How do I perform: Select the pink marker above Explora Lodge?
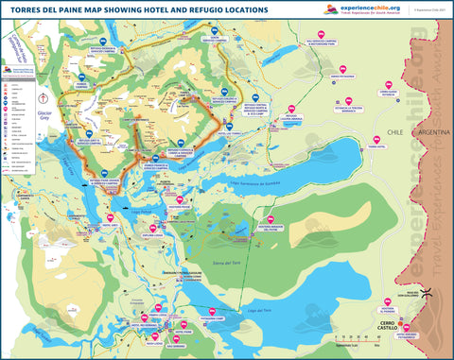coord(156,228)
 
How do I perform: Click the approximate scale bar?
coord(352,339)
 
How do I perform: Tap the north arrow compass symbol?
coord(42,98)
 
